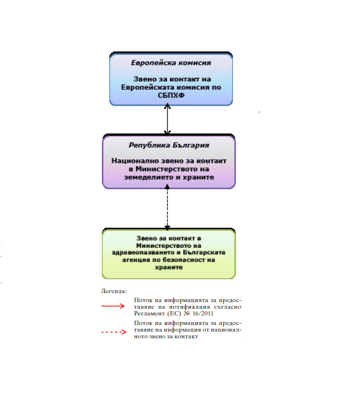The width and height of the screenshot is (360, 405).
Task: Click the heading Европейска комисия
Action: pos(171,63)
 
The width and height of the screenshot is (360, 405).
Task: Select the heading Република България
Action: pos(169,145)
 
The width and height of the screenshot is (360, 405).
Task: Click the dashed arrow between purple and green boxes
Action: pos(167,209)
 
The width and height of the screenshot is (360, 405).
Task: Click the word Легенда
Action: pos(113,290)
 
